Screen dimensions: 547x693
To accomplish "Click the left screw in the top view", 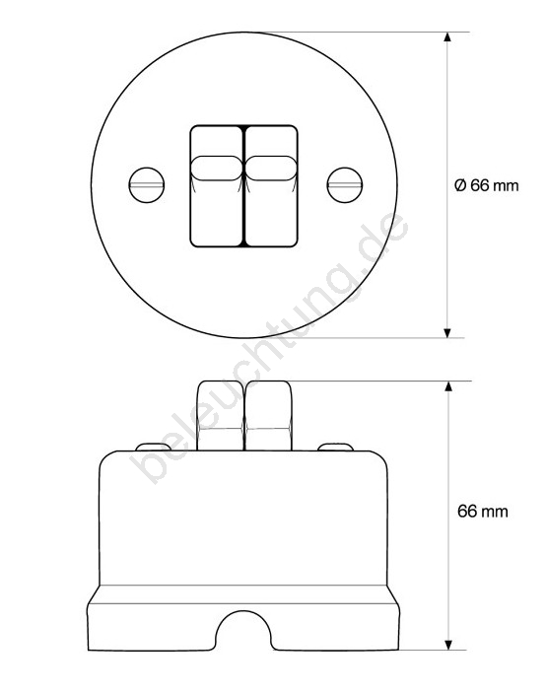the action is pyautogui.click(x=147, y=185).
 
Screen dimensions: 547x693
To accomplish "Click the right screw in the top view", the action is pyautogui.click(x=345, y=185).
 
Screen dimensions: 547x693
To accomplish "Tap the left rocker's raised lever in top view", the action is pyautogui.click(x=217, y=168).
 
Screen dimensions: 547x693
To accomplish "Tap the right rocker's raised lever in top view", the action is pyautogui.click(x=270, y=168).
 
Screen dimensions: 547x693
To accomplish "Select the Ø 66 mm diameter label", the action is pyautogui.click(x=487, y=185).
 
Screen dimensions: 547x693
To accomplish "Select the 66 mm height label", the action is pyautogui.click(x=483, y=512).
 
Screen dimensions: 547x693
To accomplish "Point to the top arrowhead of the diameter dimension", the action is pyautogui.click(x=447, y=36).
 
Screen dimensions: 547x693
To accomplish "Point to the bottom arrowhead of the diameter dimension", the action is pyautogui.click(x=447, y=333).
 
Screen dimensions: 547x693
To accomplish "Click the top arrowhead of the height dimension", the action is pyautogui.click(x=448, y=385).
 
